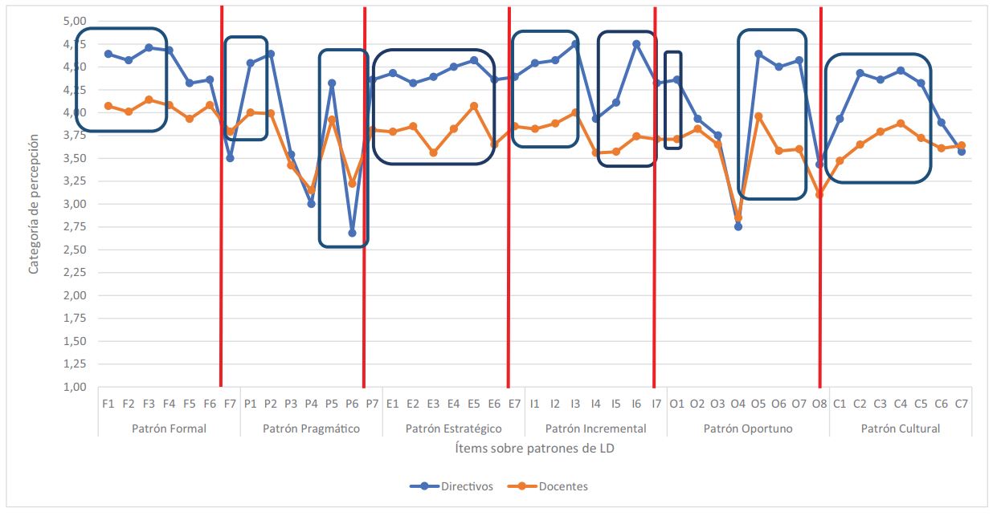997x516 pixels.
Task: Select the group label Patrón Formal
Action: point(169,429)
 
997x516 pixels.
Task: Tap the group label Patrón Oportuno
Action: point(748,429)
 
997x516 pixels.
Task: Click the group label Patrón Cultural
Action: point(900,429)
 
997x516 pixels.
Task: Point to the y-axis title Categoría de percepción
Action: point(34,204)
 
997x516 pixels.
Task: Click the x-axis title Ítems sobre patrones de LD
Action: point(534,449)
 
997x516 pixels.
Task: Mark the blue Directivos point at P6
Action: point(352,233)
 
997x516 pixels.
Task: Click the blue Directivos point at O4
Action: point(738,226)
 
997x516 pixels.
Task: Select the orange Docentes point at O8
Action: point(819,194)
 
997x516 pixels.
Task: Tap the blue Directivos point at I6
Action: point(636,44)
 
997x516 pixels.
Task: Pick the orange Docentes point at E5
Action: point(474,106)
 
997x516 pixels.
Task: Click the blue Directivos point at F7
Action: point(230,158)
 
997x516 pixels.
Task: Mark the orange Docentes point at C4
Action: point(901,124)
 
